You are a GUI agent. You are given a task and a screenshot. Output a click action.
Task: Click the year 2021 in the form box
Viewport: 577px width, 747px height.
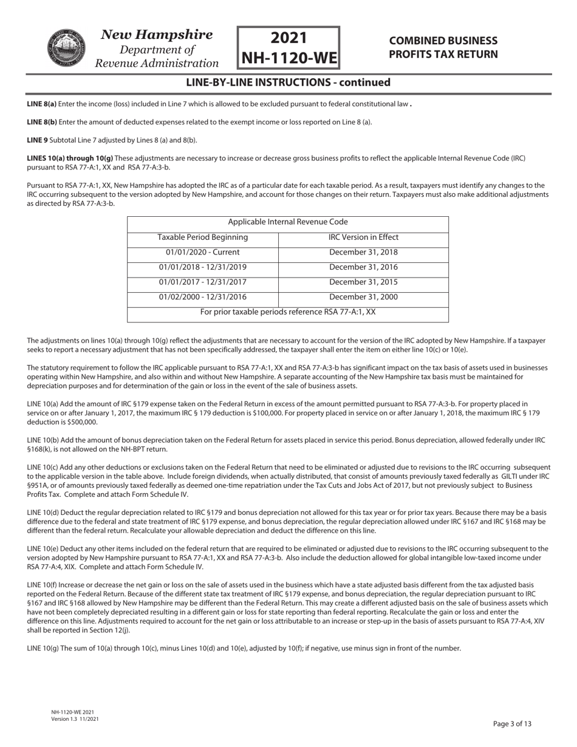pyautogui.click(x=288, y=38)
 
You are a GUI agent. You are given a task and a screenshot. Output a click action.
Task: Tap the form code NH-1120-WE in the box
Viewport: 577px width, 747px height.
pyautogui.click(x=288, y=58)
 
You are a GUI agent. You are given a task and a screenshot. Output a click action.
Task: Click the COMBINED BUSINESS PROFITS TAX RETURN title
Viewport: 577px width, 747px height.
pyautogui.click(x=443, y=47)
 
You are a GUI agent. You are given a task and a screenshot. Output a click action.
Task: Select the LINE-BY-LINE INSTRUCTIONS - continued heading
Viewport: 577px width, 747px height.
pyautogui.click(x=288, y=83)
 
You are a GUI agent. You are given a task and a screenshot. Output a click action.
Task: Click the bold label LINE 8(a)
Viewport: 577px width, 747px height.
pyautogui.click(x=41, y=104)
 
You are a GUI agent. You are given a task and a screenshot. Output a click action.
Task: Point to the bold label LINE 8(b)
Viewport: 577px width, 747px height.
pyautogui.click(x=41, y=122)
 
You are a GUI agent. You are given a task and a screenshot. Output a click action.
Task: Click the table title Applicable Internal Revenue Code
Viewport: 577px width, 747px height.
pyautogui.click(x=288, y=222)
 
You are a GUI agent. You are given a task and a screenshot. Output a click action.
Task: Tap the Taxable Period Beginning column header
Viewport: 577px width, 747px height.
pyautogui.click(x=203, y=237)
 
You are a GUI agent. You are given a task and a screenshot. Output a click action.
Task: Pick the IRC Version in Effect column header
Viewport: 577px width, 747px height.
pyautogui.click(x=363, y=237)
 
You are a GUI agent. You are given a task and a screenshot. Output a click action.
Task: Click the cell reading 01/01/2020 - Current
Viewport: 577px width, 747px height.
pyautogui.click(x=203, y=252)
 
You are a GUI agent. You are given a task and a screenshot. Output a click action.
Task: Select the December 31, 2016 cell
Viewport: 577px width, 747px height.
pyautogui.click(x=363, y=267)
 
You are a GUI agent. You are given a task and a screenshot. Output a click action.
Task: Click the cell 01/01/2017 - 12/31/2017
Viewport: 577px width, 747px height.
pyautogui.click(x=203, y=282)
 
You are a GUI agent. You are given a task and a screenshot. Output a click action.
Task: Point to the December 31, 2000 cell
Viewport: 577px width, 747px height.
pyautogui.click(x=363, y=297)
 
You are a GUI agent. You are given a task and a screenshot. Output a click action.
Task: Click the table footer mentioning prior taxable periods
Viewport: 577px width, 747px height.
pyautogui.click(x=288, y=312)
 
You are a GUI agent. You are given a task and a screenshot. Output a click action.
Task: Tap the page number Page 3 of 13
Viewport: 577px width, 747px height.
pyautogui.click(x=513, y=723)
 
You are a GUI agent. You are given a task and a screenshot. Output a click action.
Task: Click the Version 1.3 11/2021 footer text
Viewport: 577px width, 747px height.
pyautogui.click(x=75, y=719)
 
